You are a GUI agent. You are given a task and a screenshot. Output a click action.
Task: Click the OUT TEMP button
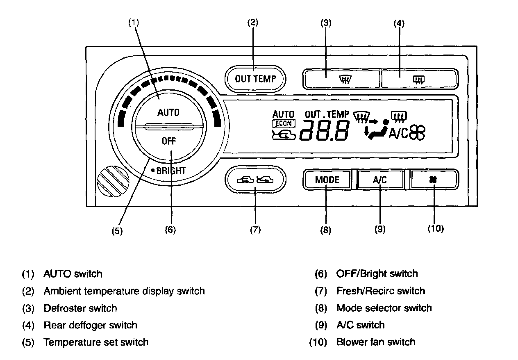click(255, 78)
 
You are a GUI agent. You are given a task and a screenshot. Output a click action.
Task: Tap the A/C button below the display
click(380, 180)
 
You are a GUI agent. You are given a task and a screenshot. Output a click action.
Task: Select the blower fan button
click(434, 180)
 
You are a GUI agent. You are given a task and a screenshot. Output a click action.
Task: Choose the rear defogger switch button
click(419, 78)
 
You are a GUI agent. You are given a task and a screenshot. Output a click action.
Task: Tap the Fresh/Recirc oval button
click(255, 179)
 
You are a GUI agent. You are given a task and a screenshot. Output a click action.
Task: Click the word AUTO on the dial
click(168, 113)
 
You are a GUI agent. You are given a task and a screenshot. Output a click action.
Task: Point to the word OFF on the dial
click(168, 141)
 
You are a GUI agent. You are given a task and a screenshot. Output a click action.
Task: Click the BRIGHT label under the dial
click(171, 171)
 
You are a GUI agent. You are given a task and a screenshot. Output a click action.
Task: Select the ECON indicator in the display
click(283, 123)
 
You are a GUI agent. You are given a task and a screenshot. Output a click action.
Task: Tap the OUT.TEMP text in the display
click(327, 114)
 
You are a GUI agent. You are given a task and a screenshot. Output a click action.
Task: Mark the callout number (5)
click(118, 230)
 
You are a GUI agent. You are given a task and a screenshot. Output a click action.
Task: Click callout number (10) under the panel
click(435, 229)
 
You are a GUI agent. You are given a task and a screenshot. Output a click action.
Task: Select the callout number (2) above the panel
click(253, 23)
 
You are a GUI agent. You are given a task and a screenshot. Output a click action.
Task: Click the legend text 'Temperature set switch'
click(96, 342)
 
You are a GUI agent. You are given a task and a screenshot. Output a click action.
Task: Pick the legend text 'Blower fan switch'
click(376, 342)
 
